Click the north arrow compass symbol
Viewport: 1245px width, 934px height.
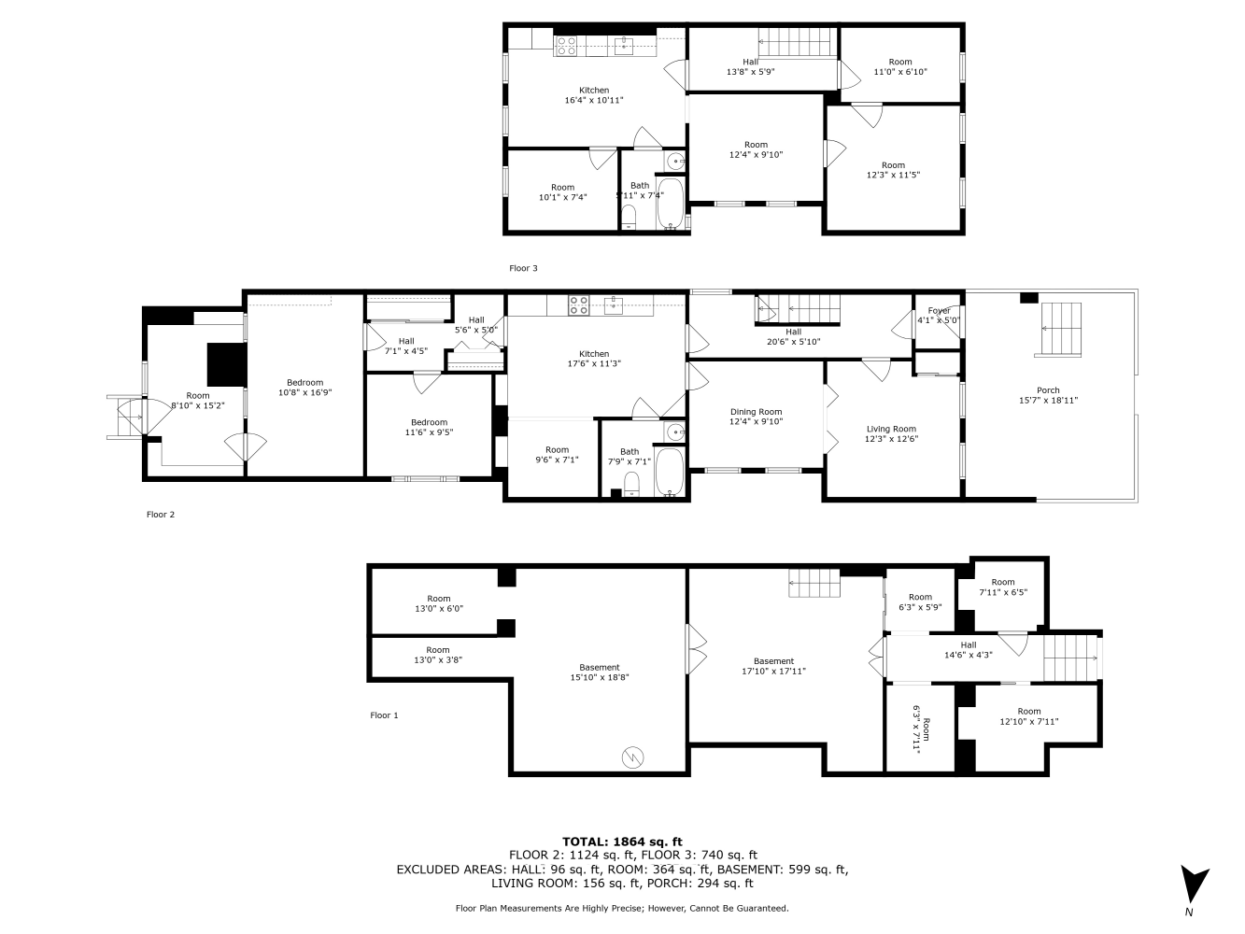coord(1194,884)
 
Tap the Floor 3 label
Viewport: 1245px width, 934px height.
coord(523,268)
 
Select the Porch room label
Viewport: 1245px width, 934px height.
coord(1048,395)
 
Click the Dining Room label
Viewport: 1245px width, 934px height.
coord(756,417)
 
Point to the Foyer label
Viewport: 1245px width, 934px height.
coord(939,316)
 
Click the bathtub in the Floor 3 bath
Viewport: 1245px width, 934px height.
coord(671,205)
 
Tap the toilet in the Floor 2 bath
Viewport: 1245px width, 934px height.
coord(630,483)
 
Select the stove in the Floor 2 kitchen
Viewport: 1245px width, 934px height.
coord(579,304)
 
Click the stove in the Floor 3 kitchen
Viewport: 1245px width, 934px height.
coord(567,45)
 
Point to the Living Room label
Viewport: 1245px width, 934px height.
coord(890,433)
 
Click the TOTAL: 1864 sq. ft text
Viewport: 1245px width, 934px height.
coord(622,842)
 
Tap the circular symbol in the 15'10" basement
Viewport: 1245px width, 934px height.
coord(632,757)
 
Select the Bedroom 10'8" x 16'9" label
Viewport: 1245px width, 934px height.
coord(304,388)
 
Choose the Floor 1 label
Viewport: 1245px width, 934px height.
coord(384,715)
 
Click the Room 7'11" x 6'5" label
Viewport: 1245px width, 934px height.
coord(1002,587)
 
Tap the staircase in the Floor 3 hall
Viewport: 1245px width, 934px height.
coord(795,42)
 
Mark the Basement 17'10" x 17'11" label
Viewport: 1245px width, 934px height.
coord(773,666)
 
